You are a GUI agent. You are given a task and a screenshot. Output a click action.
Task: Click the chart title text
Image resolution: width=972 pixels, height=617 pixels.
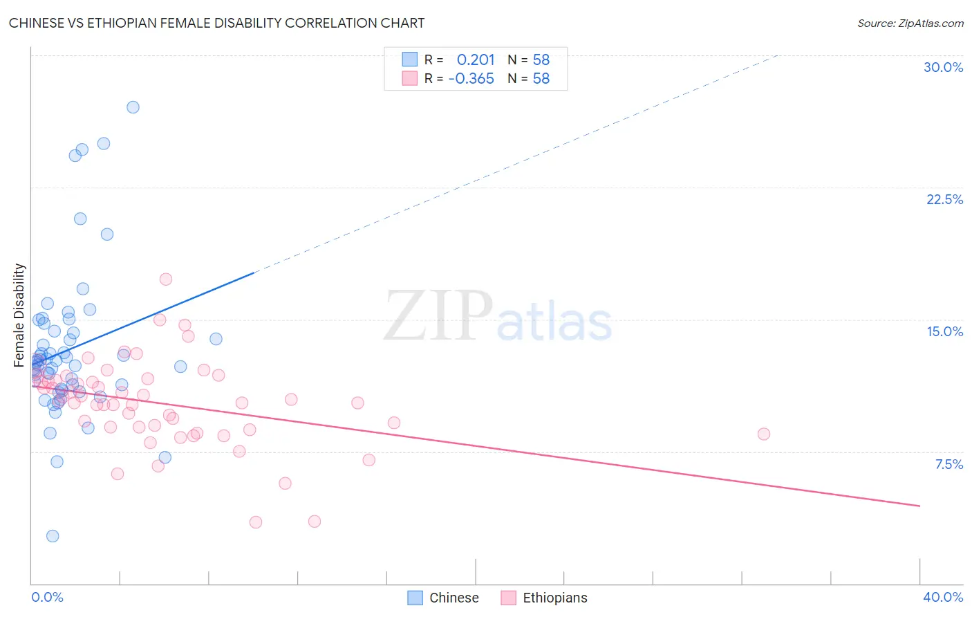pos(216,23)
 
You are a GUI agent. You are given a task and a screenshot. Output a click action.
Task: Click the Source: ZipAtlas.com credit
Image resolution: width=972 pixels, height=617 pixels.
pos(910,23)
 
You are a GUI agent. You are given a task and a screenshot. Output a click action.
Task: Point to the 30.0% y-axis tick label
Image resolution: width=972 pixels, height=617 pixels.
pos(943,67)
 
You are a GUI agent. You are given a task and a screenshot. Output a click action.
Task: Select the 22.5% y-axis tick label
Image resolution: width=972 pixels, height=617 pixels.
pos(944,199)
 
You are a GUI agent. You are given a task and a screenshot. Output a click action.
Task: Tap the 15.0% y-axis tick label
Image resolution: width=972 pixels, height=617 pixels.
pos(944,331)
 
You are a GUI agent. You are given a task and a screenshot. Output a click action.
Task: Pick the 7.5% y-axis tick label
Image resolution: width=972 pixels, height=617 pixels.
pos(948,464)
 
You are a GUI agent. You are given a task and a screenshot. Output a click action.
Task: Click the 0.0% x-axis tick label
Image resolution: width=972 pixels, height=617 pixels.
pos(47,597)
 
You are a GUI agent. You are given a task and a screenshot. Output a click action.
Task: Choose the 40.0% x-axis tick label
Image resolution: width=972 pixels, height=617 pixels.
pos(942,597)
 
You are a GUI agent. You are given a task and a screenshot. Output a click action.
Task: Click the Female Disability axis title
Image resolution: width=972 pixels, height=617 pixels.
pos(19,315)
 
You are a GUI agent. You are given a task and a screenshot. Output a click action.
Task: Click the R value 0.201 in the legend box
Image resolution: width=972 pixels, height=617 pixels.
pos(476,60)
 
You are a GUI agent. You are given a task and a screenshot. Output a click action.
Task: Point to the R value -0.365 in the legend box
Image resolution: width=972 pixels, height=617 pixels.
pos(471,79)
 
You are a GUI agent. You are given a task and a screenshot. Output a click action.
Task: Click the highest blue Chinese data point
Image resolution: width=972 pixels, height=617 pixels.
pos(133,107)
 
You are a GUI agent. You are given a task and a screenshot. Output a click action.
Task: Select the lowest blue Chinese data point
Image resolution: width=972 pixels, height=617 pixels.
pos(53,536)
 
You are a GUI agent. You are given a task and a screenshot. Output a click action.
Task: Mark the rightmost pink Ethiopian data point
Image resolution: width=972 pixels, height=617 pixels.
pos(763,434)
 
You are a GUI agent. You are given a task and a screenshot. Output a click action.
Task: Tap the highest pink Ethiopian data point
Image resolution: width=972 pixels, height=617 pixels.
pos(166,279)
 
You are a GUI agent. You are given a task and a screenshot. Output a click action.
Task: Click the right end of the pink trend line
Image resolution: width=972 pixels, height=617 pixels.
pos(919,506)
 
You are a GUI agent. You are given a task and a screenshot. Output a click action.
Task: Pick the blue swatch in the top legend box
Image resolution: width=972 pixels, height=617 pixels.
pos(410,59)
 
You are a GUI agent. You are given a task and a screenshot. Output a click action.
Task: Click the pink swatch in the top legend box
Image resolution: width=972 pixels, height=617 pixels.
pos(410,78)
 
